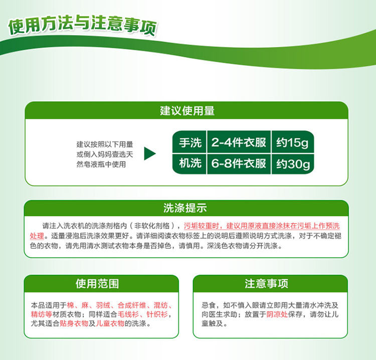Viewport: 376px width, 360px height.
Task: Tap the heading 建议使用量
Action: [x=187, y=111]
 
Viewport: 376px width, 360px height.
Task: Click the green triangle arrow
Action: [x=150, y=153]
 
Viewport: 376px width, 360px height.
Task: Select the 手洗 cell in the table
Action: [x=190, y=142]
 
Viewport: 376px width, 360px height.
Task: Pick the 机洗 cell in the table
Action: [x=190, y=163]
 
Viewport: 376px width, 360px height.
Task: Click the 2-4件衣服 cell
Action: [x=239, y=142]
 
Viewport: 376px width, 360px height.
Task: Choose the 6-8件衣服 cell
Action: [x=239, y=163]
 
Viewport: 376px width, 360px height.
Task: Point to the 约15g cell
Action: [x=292, y=143]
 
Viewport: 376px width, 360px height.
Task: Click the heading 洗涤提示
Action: [x=185, y=208]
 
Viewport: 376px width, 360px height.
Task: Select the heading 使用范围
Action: [x=97, y=283]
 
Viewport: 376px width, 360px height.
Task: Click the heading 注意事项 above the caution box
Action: [x=266, y=283]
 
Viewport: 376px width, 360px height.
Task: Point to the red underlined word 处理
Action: [x=37, y=236]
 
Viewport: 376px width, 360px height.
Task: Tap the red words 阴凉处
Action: [x=277, y=314]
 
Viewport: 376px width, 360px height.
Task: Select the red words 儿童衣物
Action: [x=110, y=323]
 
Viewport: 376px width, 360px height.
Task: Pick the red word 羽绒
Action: [x=103, y=305]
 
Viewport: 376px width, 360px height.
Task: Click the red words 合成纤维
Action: [x=132, y=305]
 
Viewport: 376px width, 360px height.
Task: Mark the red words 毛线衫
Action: [x=128, y=314]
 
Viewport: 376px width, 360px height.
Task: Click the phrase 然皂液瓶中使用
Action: [x=101, y=164]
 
